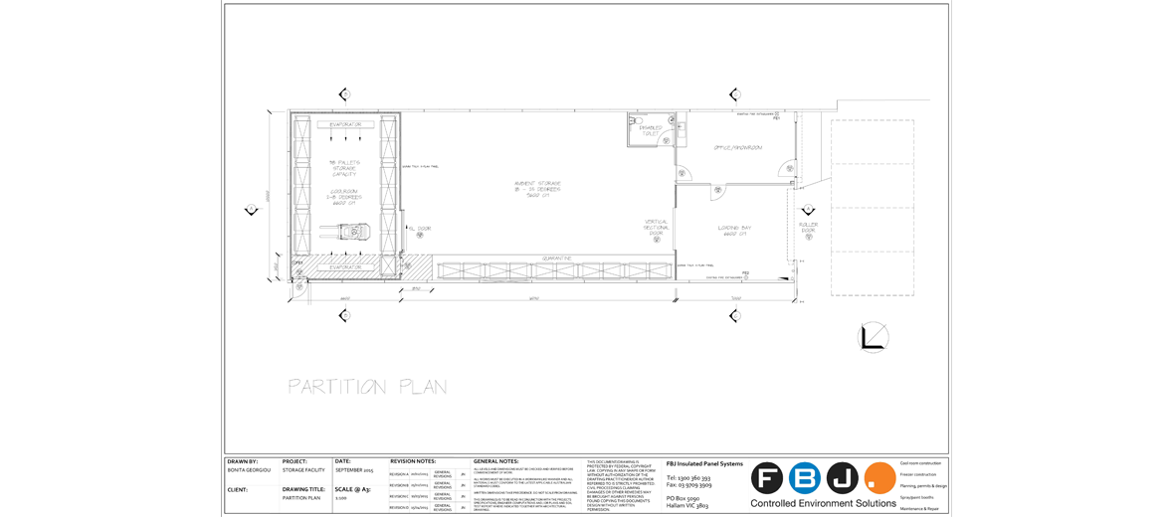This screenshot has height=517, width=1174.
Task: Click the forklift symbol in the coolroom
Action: point(352,233)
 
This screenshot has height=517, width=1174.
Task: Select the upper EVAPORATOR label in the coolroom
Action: point(345,124)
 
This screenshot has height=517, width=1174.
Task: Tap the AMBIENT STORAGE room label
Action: point(537,189)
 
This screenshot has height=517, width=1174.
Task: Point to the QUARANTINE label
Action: point(556,258)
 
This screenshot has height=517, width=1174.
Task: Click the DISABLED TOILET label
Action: point(650,130)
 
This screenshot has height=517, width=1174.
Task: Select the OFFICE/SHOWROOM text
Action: point(737,147)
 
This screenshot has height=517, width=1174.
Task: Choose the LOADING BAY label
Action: point(734,231)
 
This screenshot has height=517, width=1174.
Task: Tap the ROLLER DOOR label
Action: point(808,228)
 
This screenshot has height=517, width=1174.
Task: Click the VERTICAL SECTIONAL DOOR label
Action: point(657,228)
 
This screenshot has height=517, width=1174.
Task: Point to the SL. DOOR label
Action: point(419,228)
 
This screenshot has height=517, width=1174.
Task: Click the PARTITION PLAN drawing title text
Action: point(367,387)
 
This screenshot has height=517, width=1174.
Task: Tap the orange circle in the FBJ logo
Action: point(880,478)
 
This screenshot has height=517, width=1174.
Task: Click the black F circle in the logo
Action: point(767,478)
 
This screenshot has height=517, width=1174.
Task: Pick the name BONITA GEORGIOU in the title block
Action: point(248,469)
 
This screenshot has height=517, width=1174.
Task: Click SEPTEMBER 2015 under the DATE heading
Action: point(354,469)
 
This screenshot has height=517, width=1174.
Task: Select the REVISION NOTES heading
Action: point(413,461)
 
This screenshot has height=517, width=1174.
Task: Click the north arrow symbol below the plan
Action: point(873,338)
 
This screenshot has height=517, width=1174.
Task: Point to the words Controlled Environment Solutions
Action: point(823,504)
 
